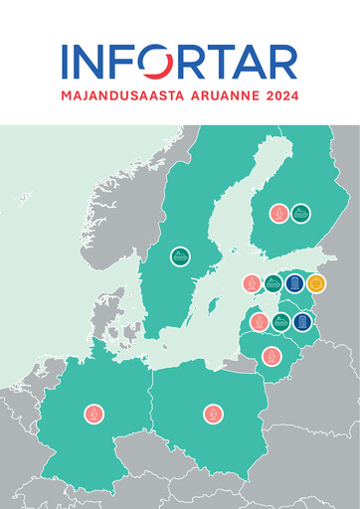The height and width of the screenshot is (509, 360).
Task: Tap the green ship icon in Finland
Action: (300, 212)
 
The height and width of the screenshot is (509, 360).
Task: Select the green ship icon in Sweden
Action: (180, 256)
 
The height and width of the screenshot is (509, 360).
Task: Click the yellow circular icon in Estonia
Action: (316, 283)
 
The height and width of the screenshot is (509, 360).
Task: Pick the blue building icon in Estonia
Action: (294, 283)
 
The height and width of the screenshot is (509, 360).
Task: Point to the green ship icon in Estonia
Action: (273, 283)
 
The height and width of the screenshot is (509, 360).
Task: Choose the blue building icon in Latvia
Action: (302, 321)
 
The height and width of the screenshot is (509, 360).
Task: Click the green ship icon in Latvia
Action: (280, 321)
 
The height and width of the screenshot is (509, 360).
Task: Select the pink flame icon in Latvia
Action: (259, 321)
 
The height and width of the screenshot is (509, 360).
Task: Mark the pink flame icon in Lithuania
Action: (270, 356)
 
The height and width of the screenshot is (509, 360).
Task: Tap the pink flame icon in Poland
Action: (213, 413)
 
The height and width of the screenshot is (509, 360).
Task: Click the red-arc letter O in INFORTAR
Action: (157, 63)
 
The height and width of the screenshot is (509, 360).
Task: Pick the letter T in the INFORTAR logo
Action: (224, 63)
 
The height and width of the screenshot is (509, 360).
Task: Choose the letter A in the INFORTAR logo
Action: (254, 63)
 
